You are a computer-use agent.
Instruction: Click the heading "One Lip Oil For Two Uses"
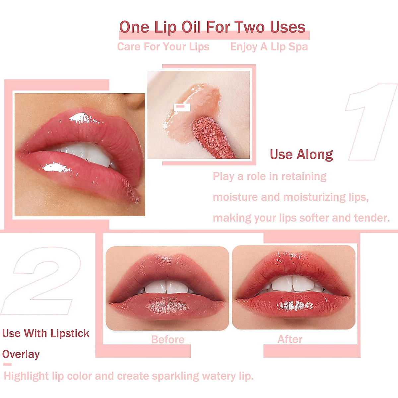tap(212, 27)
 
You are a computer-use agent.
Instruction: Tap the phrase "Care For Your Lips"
tap(163, 47)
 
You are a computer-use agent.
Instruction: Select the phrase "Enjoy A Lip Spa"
tap(269, 47)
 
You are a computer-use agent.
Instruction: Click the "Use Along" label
tap(301, 155)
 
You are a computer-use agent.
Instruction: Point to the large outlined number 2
tap(41, 280)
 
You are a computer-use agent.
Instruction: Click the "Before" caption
tap(167, 339)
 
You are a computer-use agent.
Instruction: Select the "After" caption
tap(290, 339)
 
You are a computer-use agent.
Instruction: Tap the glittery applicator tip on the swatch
tap(212, 136)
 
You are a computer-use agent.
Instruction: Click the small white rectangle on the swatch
tap(182, 107)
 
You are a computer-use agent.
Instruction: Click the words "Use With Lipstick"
tap(46, 333)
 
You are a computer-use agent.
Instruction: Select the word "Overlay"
tap(21, 354)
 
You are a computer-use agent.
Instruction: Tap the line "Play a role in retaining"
tap(270, 176)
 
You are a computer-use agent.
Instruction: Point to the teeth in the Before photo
tap(166, 287)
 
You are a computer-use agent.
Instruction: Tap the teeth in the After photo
tap(292, 284)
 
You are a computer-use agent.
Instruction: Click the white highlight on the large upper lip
tap(81, 118)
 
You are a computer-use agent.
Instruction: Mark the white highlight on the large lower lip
tap(55, 168)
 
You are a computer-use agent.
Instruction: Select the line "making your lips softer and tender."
tap(301, 218)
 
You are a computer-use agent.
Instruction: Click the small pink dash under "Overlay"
tap(7, 364)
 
